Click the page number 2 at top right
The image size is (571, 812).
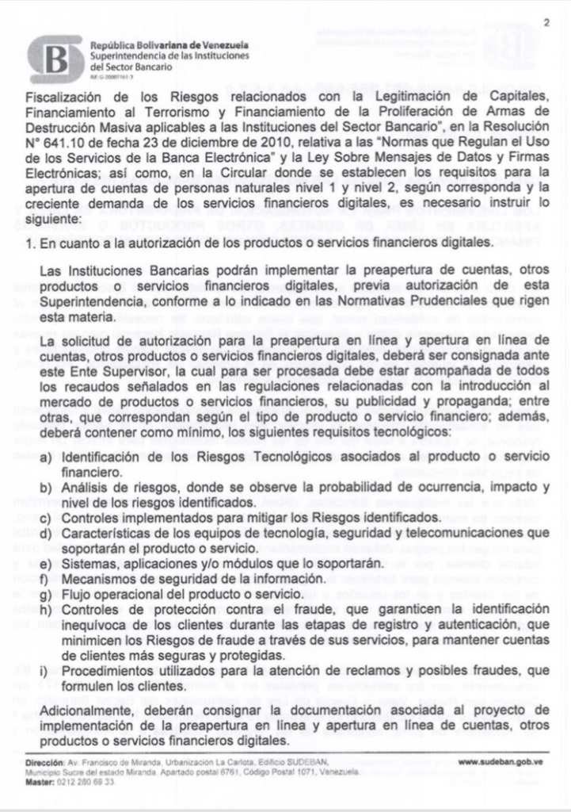click(x=546, y=23)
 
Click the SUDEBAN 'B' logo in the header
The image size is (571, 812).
click(x=54, y=58)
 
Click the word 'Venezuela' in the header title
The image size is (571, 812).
click(x=222, y=45)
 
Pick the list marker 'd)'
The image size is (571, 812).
click(x=46, y=534)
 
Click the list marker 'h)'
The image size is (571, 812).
click(x=46, y=610)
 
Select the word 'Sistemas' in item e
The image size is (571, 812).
click(x=88, y=563)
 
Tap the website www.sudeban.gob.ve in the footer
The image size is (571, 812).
click(x=500, y=762)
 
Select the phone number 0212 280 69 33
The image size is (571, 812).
click(x=85, y=782)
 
